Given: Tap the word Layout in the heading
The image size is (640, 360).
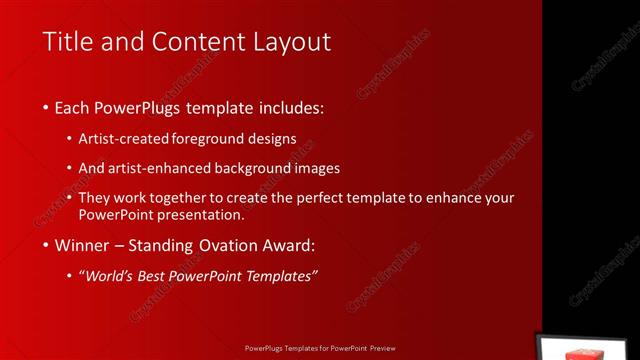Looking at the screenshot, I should [291, 42].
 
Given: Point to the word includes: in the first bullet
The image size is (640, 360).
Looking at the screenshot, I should [293, 107].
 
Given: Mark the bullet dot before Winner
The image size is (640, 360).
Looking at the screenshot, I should [47, 246].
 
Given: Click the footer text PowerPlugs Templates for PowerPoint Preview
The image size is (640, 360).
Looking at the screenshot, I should [320, 350].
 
